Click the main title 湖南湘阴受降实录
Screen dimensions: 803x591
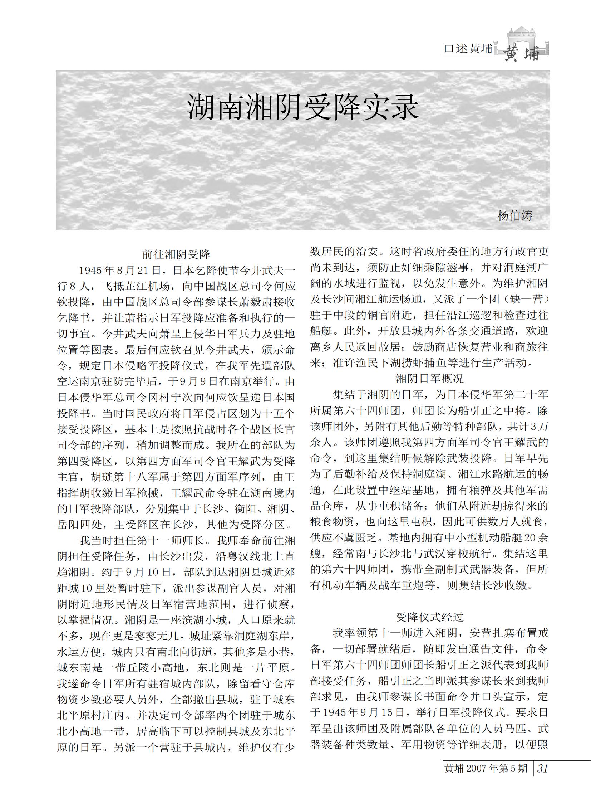pyautogui.click(x=303, y=107)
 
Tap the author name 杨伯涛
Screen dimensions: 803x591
pyautogui.click(x=515, y=215)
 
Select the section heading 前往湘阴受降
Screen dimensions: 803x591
pyautogui.click(x=176, y=254)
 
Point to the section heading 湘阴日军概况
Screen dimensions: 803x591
pyautogui.click(x=429, y=378)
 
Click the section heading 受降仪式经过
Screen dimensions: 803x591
pyautogui.click(x=429, y=617)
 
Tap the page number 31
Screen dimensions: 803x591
pyautogui.click(x=542, y=768)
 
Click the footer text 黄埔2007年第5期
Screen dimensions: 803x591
pyautogui.click(x=486, y=768)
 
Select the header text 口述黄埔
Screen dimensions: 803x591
pyautogui.click(x=468, y=49)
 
